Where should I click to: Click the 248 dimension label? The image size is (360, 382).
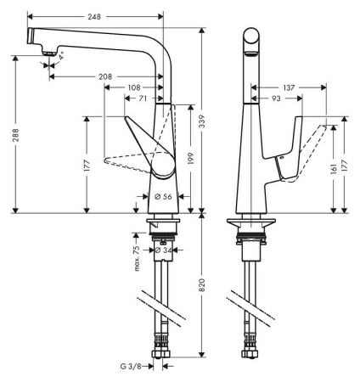[x=95, y=16]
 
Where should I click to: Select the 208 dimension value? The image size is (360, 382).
[x=105, y=76]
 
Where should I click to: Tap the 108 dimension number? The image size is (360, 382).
[x=133, y=87]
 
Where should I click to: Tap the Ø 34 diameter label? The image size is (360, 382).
[x=167, y=250]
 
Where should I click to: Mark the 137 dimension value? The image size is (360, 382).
[x=290, y=87]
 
